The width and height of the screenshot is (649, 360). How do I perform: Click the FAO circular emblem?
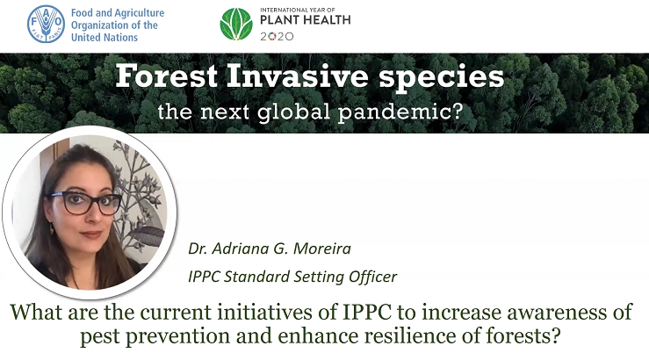(x=46, y=25)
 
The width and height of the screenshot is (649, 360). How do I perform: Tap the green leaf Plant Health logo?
(x=236, y=25)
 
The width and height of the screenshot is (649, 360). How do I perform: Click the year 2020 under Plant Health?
(x=277, y=36)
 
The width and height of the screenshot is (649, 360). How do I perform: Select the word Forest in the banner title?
(x=166, y=76)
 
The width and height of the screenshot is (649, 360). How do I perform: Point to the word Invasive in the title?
(x=297, y=76)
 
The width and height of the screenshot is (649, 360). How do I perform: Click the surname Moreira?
(x=322, y=248)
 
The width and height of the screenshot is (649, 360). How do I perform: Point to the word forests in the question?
(x=523, y=335)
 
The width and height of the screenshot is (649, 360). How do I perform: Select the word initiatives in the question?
(x=265, y=312)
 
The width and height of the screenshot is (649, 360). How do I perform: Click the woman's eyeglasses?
(x=86, y=203)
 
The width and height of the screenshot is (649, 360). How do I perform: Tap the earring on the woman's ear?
(x=52, y=228)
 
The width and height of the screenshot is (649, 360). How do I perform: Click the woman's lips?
(x=91, y=234)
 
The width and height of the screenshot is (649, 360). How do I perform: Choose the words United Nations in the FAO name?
(x=105, y=37)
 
